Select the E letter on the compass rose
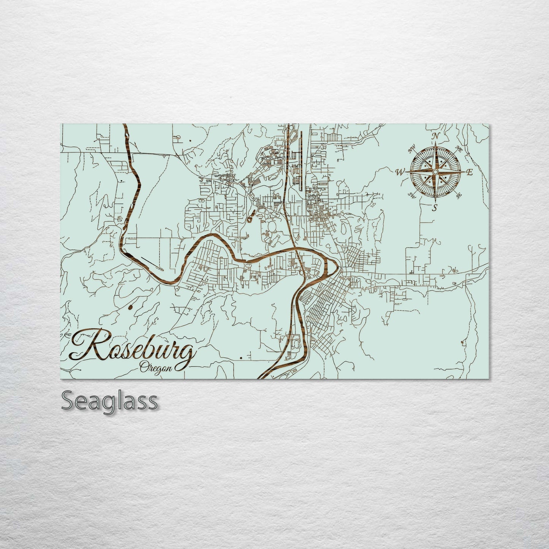click(x=469, y=173)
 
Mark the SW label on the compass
click(x=411, y=195)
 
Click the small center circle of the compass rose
click(x=435, y=172)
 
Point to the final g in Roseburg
click(x=186, y=355)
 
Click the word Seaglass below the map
click(x=109, y=400)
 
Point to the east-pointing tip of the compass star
click(x=464, y=172)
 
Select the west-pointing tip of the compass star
click(x=406, y=172)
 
